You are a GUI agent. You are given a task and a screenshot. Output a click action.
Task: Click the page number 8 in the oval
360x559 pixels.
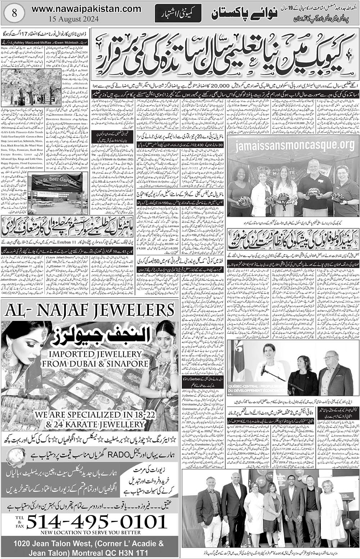14,14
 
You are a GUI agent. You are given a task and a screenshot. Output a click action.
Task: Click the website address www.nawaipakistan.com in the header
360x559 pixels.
86,8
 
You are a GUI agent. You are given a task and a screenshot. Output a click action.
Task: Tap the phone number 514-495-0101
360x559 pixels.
97,522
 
